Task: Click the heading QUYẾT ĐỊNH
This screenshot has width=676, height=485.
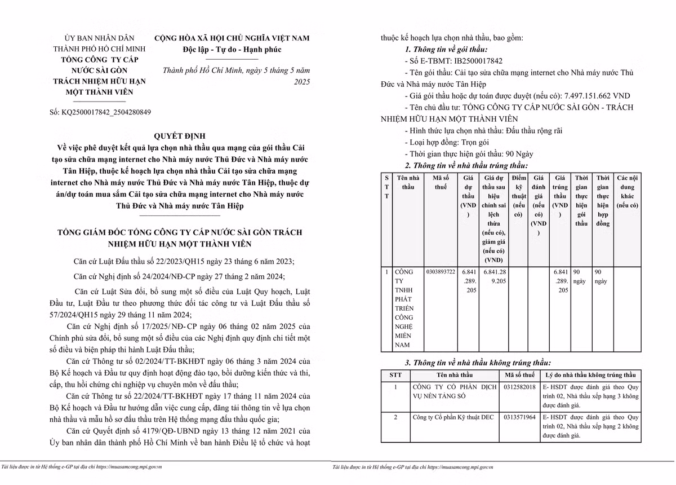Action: click(x=180, y=136)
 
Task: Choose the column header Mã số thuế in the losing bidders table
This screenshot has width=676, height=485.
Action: click(x=520, y=375)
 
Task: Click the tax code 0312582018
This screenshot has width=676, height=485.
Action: click(x=520, y=387)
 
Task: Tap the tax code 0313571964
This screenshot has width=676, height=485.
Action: click(x=520, y=417)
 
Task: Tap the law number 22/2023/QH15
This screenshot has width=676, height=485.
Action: click(x=169, y=261)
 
